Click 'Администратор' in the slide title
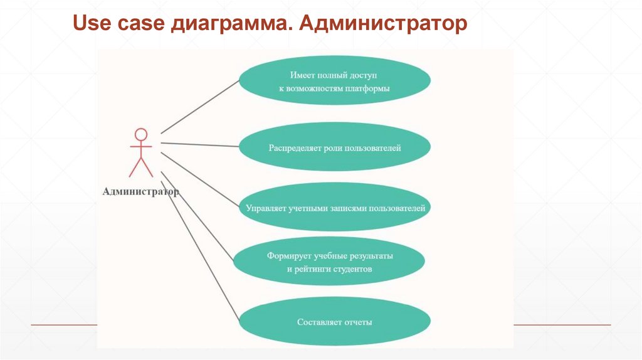click(x=383, y=25)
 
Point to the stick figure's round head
click(x=141, y=134)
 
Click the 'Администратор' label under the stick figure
click(x=140, y=192)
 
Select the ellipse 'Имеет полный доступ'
click(x=334, y=82)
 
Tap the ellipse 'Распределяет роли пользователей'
click(x=334, y=149)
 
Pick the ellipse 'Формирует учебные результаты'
click(x=329, y=262)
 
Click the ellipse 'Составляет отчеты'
click(x=334, y=322)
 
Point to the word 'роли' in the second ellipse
click(x=334, y=149)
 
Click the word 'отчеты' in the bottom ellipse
click(x=358, y=322)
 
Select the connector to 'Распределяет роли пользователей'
click(x=201, y=145)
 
